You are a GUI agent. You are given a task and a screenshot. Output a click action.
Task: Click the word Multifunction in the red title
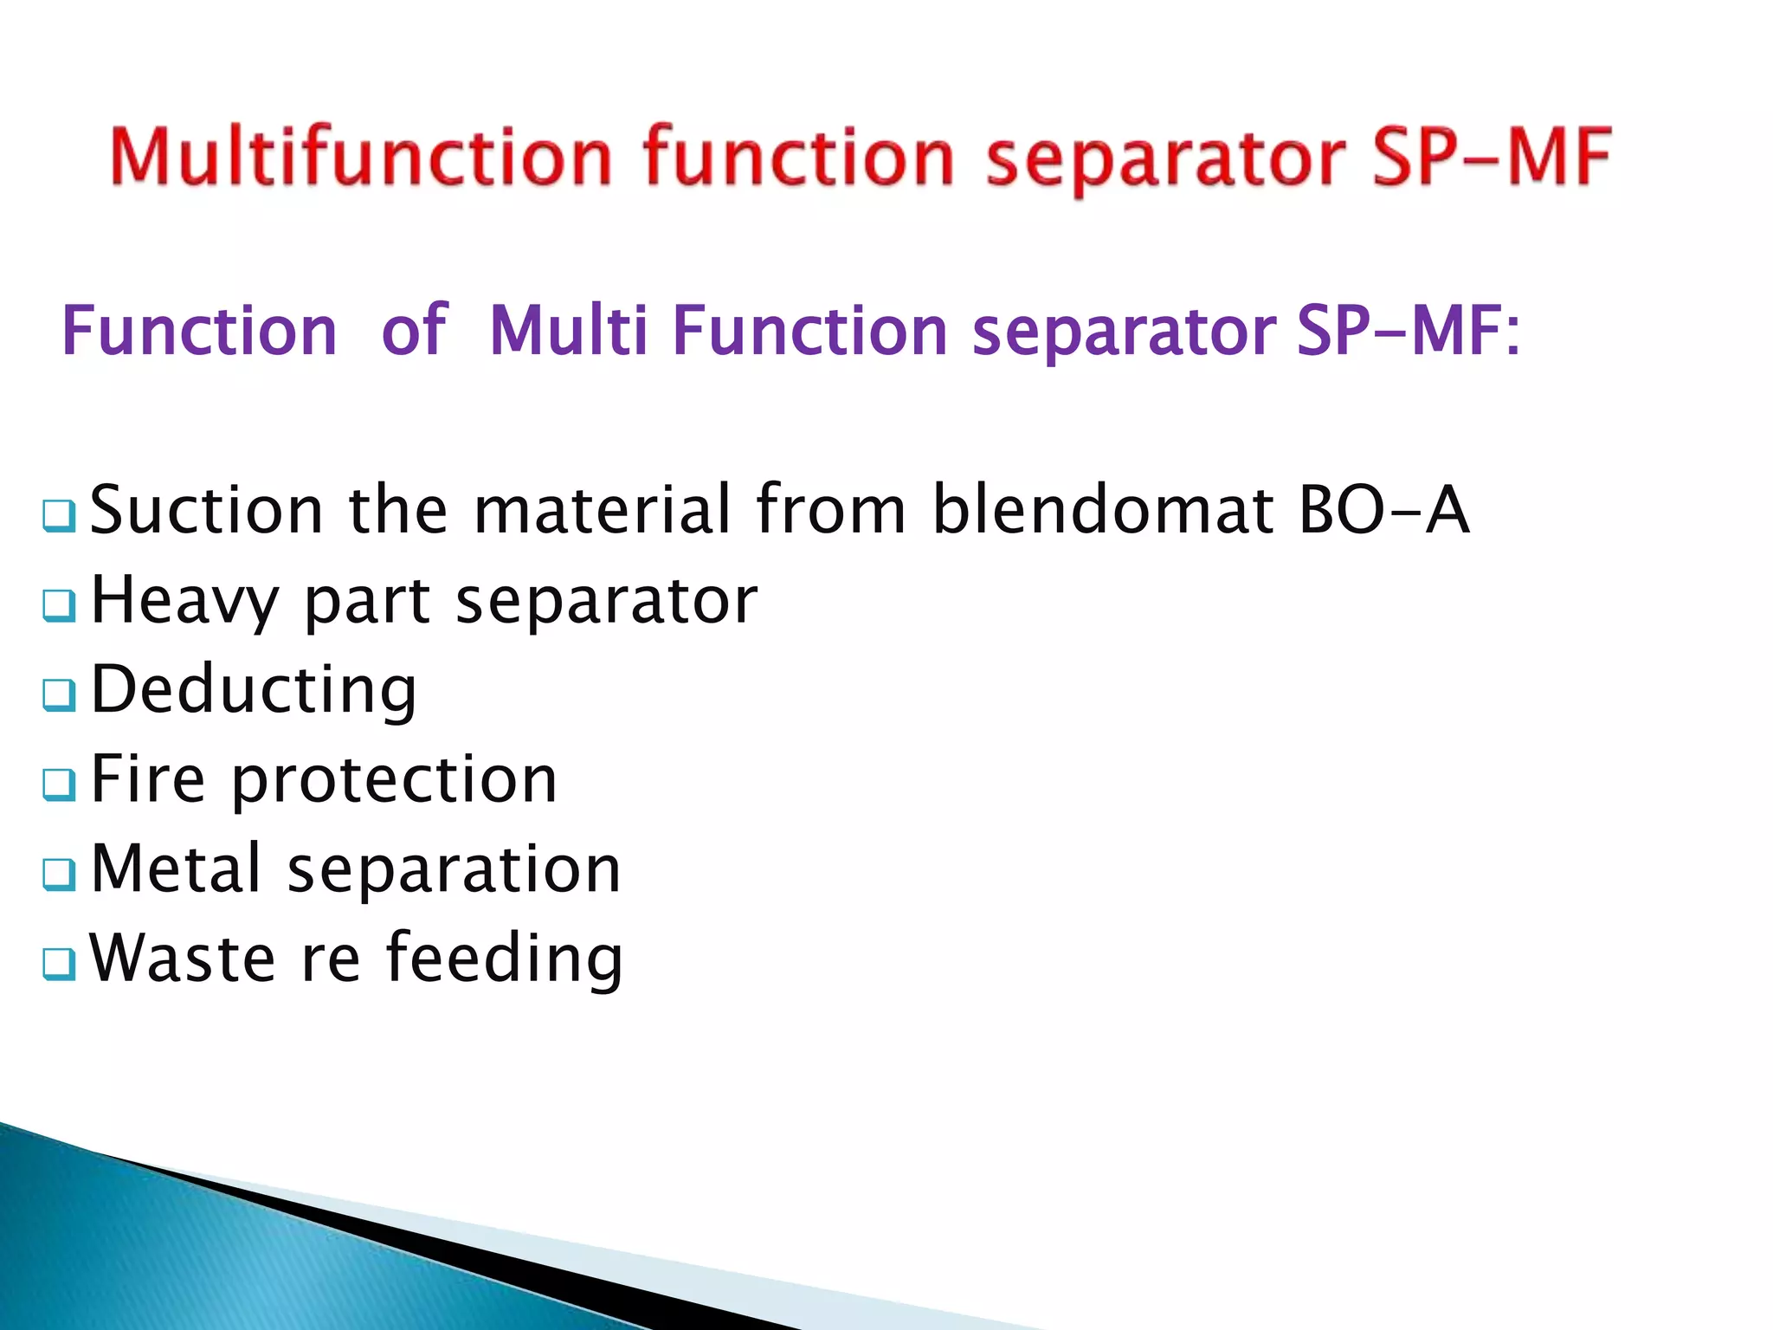click(x=361, y=157)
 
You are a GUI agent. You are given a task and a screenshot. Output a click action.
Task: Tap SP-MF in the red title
click(x=1492, y=157)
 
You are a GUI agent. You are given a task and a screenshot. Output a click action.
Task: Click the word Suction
click(x=207, y=510)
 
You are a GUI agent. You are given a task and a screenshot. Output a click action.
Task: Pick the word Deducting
click(x=254, y=690)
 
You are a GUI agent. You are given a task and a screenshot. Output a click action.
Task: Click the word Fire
click(x=148, y=779)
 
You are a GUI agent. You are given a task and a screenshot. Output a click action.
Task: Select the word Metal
click(x=176, y=868)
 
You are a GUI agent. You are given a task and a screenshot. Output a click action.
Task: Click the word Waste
click(x=183, y=959)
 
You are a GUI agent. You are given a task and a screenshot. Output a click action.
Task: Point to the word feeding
click(x=504, y=959)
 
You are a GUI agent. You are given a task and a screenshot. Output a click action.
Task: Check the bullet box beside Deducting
click(x=59, y=694)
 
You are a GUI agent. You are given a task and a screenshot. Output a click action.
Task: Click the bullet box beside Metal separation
click(x=59, y=875)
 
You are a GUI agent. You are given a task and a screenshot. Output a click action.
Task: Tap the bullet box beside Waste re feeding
click(x=59, y=964)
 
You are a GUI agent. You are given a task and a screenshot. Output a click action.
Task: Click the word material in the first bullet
click(x=603, y=510)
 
